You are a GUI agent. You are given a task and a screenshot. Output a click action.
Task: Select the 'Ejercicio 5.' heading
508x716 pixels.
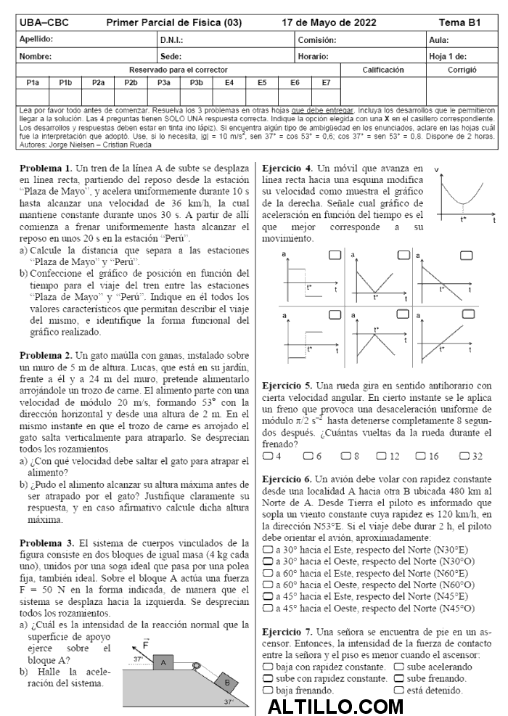pyautogui.click(x=287, y=386)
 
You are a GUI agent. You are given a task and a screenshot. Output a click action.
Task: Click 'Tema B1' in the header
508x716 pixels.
pyautogui.click(x=459, y=23)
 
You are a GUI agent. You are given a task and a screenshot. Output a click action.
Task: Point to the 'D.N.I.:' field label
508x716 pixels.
pyautogui.click(x=172, y=40)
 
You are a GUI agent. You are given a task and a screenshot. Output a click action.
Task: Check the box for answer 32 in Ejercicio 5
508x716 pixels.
pyautogui.click(x=464, y=456)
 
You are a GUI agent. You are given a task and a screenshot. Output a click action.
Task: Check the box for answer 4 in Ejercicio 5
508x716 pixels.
pyautogui.click(x=267, y=456)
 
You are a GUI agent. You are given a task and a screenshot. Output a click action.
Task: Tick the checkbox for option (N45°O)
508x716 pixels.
pyautogui.click(x=267, y=609)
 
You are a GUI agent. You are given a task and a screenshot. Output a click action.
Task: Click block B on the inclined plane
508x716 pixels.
pyautogui.click(x=226, y=683)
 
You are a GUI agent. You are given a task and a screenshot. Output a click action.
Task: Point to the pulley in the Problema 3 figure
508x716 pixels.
pyautogui.click(x=196, y=662)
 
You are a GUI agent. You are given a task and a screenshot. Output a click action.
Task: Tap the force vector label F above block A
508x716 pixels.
pyautogui.click(x=146, y=644)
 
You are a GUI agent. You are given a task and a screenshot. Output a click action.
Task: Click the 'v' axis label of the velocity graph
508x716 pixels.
pyautogui.click(x=437, y=170)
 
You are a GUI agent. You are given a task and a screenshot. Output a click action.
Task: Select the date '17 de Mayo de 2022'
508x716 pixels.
pyautogui.click(x=329, y=23)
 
